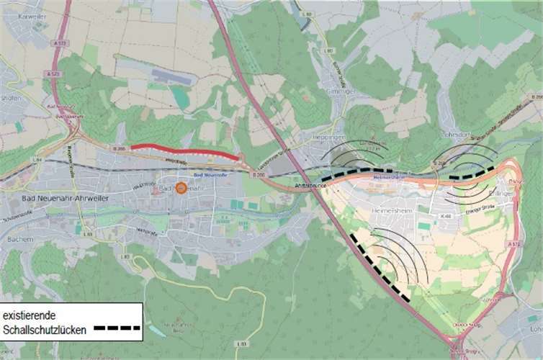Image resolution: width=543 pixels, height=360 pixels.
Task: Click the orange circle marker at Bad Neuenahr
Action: [x=181, y=188]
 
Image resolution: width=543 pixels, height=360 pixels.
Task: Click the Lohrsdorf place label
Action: [x=454, y=134]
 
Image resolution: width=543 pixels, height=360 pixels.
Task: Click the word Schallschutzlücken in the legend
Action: [x=45, y=329]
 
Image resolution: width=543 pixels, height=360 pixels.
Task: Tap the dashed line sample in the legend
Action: [x=117, y=329]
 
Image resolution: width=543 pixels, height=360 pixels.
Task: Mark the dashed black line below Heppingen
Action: [x=356, y=174]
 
